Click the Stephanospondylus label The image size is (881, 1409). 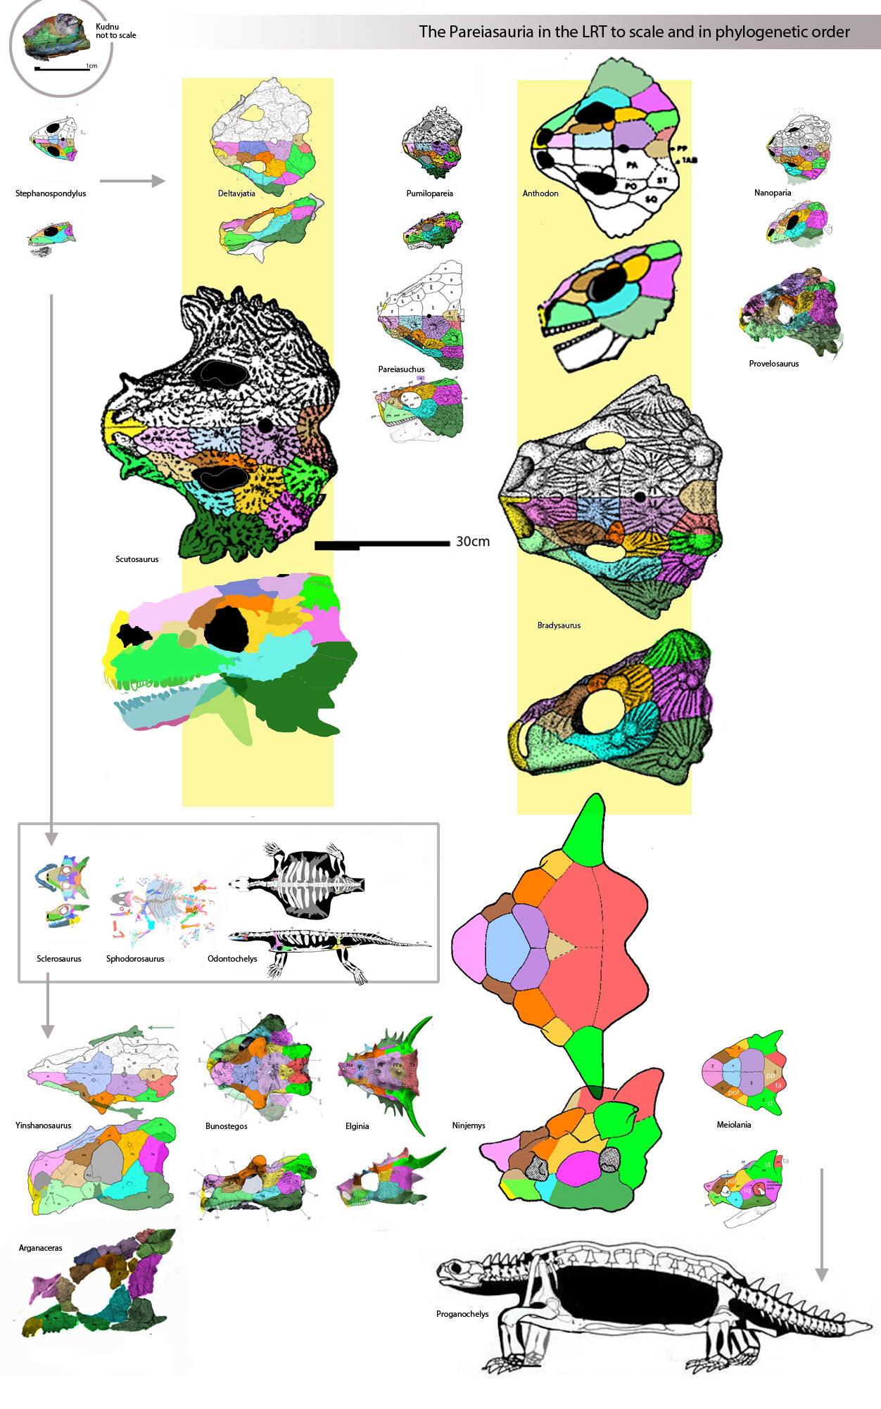pos(51,193)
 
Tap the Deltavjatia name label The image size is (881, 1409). pos(236,193)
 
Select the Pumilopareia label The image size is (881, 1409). pos(429,193)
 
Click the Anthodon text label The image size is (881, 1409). pos(540,193)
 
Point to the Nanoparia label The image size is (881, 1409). pos(773,193)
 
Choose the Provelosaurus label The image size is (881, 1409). pos(773,364)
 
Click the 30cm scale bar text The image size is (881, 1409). pos(473,542)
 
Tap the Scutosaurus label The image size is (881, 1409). pos(137,559)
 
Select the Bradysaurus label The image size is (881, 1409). pos(559,625)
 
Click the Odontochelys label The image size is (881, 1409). pos(232,959)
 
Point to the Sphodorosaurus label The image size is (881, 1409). pos(135,959)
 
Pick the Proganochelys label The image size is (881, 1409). pos(462,1314)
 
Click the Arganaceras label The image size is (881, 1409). pos(40,1248)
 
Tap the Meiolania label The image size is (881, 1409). pos(733,1125)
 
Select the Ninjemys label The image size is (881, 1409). pos(469,1126)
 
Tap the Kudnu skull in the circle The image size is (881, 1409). pos(56,37)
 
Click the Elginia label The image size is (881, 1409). pos(357,1126)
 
